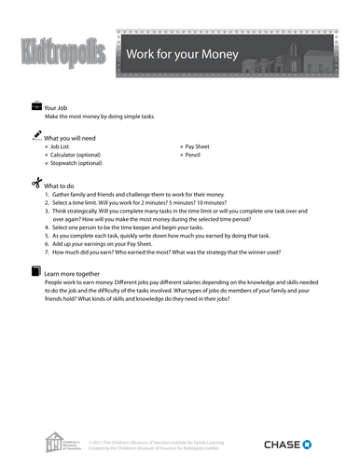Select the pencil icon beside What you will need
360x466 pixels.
click(x=36, y=135)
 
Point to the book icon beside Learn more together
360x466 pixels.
click(x=36, y=272)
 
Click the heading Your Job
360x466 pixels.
click(x=58, y=108)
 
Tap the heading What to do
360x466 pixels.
click(x=61, y=185)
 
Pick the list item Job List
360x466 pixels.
click(x=62, y=147)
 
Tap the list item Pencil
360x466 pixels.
click(x=194, y=156)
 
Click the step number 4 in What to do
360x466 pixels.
click(x=47, y=227)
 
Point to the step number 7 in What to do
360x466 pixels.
click(x=47, y=253)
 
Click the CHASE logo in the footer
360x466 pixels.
click(x=295, y=444)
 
